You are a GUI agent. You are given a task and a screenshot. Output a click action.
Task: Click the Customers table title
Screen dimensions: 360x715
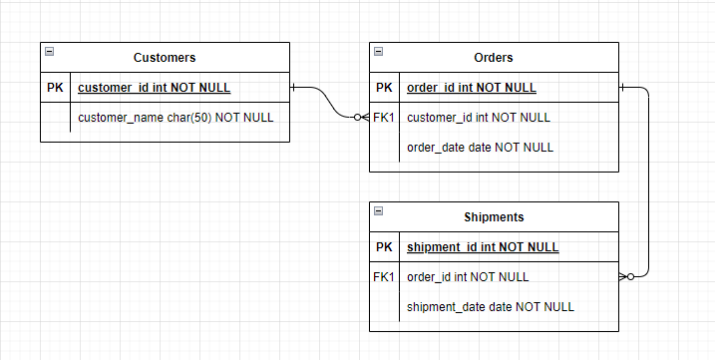pyautogui.click(x=165, y=58)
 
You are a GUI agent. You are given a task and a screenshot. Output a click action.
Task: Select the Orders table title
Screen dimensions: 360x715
pyautogui.click(x=494, y=58)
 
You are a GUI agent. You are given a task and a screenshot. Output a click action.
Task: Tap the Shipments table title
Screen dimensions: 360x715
pyautogui.click(x=494, y=216)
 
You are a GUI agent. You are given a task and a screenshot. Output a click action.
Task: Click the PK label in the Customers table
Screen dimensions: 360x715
pyautogui.click(x=55, y=88)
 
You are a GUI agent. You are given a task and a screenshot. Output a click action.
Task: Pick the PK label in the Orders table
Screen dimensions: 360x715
pyautogui.click(x=384, y=88)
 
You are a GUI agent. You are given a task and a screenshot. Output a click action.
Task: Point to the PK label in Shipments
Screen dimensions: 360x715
pyautogui.click(x=384, y=247)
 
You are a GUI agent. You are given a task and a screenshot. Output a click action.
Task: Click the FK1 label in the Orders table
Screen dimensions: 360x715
pyautogui.click(x=384, y=117)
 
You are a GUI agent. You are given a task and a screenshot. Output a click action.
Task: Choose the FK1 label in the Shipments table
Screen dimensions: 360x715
pyautogui.click(x=384, y=276)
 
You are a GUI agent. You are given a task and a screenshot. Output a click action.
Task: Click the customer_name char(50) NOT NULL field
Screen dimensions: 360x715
pyautogui.click(x=176, y=117)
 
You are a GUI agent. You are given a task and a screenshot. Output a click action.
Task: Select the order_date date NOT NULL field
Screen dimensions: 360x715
pyautogui.click(x=480, y=147)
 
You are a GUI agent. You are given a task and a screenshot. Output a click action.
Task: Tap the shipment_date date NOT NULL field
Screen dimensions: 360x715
pyautogui.click(x=490, y=306)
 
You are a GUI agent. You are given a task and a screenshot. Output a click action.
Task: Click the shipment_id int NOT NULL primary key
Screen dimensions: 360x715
pyautogui.click(x=483, y=247)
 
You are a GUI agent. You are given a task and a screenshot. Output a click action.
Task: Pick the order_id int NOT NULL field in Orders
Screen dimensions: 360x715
pyautogui.click(x=471, y=88)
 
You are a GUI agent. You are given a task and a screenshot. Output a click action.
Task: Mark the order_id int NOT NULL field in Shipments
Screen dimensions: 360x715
pyautogui.click(x=468, y=276)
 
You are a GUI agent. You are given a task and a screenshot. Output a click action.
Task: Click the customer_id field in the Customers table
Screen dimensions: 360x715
pyautogui.click(x=154, y=88)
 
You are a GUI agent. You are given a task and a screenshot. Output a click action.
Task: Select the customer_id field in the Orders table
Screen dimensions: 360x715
pyautogui.click(x=478, y=117)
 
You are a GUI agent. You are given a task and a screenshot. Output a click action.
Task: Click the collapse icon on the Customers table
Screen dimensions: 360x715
pyautogui.click(x=49, y=51)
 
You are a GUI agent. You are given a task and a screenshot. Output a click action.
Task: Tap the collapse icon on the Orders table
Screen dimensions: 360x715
pyautogui.click(x=378, y=51)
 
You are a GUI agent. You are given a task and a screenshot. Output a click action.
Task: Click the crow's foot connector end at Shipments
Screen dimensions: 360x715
pyautogui.click(x=625, y=276)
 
